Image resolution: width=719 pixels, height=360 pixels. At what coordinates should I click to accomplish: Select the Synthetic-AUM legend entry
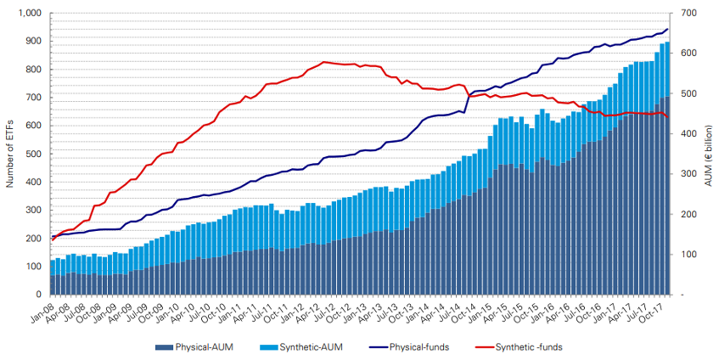pyautogui.click(x=308, y=347)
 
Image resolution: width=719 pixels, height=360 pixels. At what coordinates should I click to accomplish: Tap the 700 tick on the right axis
pyautogui.click(x=682, y=14)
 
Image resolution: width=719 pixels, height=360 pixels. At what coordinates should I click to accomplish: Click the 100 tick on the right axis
pyautogui.click(x=682, y=255)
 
